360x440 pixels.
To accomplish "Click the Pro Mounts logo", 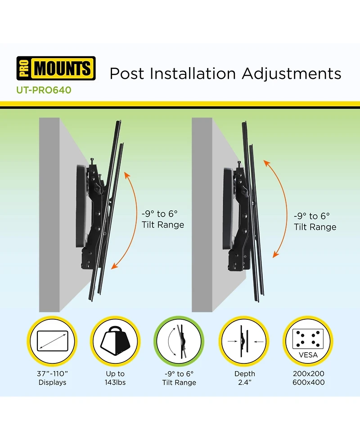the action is [x=56, y=68].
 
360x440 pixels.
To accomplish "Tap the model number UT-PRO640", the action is [x=44, y=90].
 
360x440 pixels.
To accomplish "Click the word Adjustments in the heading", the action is [x=292, y=74].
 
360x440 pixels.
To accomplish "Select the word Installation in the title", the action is [x=193, y=73].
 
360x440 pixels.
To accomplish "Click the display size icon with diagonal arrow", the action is [x=52, y=341].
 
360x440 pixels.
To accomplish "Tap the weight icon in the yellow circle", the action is [x=115, y=341].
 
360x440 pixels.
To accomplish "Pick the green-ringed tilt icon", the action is [x=179, y=341].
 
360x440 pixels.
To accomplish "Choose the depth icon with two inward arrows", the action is [x=244, y=341].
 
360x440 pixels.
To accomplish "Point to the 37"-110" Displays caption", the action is [x=53, y=378].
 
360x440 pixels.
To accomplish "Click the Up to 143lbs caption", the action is [x=115, y=378].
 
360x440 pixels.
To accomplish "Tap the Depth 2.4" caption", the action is [x=245, y=378].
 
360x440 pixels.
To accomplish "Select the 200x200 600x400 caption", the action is [x=308, y=378].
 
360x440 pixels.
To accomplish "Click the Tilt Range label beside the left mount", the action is [x=163, y=225].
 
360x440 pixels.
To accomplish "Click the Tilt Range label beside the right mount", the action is [x=315, y=227].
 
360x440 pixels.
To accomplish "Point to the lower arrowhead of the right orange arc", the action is [x=276, y=254].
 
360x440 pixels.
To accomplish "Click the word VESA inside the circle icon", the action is [x=308, y=355].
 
